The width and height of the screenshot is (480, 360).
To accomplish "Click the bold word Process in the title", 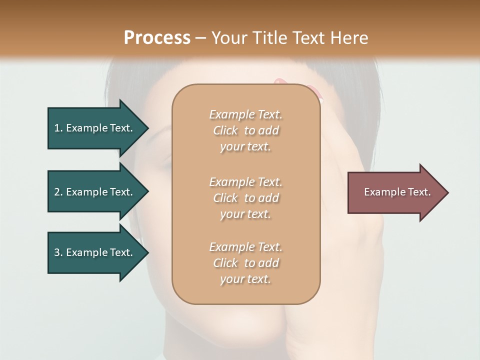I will pyautogui.click(x=157, y=38).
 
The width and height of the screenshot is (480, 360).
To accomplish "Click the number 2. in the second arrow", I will pyautogui.click(x=58, y=192).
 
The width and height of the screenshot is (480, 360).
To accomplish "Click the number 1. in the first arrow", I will pyautogui.click(x=58, y=128).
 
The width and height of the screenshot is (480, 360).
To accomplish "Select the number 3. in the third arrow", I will pyautogui.click(x=58, y=252).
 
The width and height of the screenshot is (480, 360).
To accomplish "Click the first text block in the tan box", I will pyautogui.click(x=245, y=130).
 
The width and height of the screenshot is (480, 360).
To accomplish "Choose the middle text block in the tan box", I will pyautogui.click(x=245, y=198).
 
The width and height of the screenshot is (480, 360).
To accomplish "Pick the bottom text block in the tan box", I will pyautogui.click(x=245, y=263).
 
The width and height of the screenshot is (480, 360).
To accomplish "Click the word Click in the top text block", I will pyautogui.click(x=225, y=130).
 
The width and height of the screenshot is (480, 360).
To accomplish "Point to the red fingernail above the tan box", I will pyautogui.click(x=280, y=81).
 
